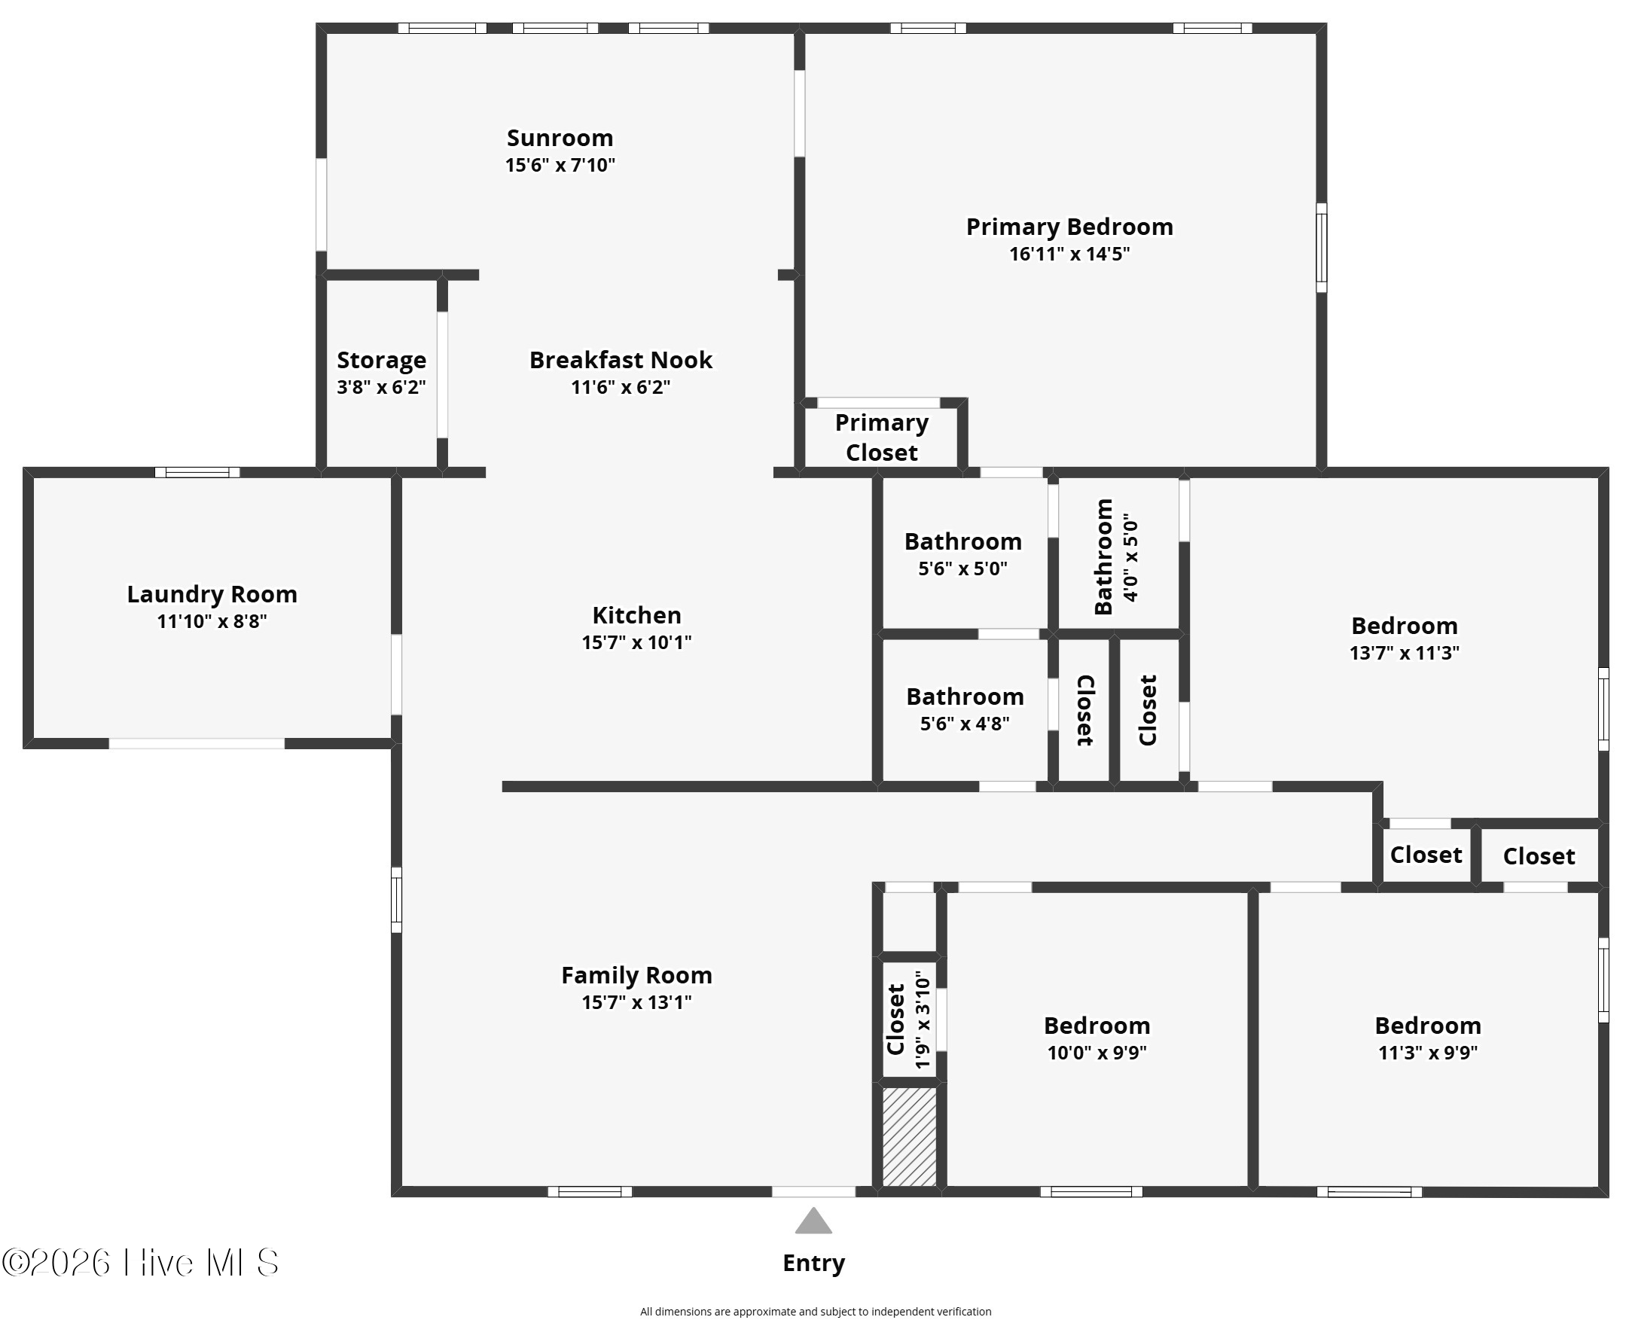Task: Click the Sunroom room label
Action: pos(560,138)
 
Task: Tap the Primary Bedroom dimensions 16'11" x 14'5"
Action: pos(1069,254)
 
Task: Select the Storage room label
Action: pos(381,360)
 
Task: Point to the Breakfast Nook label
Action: pos(621,360)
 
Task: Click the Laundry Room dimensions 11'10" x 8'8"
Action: pos(212,621)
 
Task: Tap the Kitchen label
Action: pos(636,615)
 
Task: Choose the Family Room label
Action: pos(636,975)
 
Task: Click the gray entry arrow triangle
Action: pos(813,1221)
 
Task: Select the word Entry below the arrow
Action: pos(813,1264)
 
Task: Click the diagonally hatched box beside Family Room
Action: pos(909,1136)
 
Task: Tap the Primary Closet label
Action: pos(881,437)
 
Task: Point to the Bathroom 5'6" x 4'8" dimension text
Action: pos(964,723)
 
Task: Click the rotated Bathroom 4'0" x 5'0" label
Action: pos(1116,556)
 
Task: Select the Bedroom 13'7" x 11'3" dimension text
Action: pos(1404,653)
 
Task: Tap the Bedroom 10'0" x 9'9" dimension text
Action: pos(1097,1053)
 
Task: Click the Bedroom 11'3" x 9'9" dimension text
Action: pos(1428,1053)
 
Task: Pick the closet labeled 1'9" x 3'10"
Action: pos(908,1020)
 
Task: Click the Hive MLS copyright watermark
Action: pos(140,1263)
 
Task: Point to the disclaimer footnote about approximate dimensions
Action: pos(816,1312)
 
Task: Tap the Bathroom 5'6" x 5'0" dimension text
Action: pos(962,569)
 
